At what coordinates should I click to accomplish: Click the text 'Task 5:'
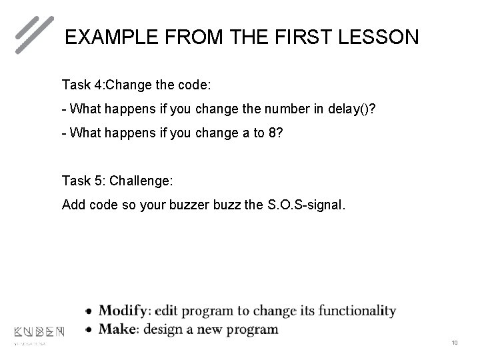tap(83, 181)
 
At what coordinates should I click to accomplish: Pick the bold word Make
tap(117, 329)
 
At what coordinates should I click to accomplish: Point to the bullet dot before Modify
tap(89, 311)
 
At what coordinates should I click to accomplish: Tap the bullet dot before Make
tap(89, 330)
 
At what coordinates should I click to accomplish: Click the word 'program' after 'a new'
tap(251, 329)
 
